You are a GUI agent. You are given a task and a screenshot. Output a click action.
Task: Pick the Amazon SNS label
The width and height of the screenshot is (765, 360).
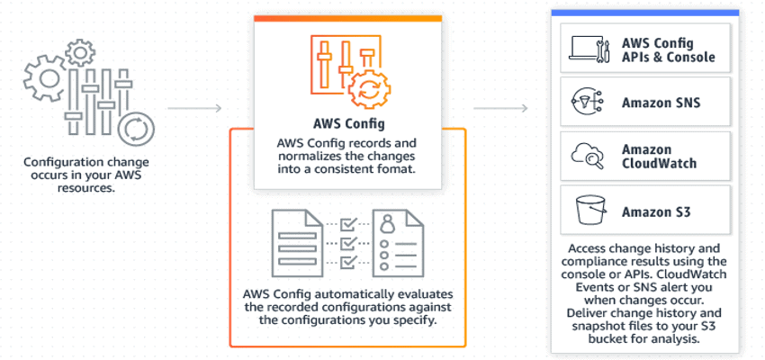pyautogui.click(x=661, y=103)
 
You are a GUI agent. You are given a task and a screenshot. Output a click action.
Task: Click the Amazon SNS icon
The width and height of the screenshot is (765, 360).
pyautogui.click(x=586, y=102)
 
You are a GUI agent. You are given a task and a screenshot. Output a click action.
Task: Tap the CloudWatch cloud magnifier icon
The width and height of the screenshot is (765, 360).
pyautogui.click(x=586, y=157)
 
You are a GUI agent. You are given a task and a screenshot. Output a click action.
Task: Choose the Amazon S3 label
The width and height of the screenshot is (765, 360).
pyautogui.click(x=654, y=212)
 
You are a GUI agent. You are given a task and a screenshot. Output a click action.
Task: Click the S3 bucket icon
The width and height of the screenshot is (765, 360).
pyautogui.click(x=586, y=211)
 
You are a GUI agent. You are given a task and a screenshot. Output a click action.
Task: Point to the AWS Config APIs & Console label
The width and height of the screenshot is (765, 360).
pyautogui.click(x=668, y=49)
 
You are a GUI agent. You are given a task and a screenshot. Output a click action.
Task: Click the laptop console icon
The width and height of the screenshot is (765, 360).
pyautogui.click(x=586, y=49)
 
